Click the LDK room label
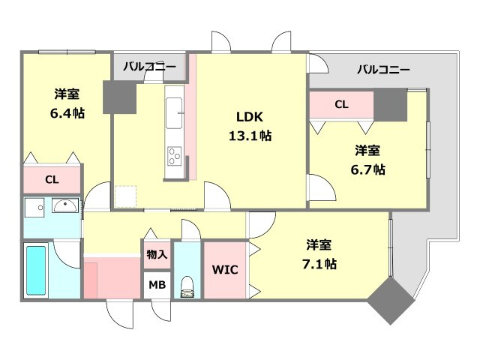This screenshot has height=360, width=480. coord(249,118)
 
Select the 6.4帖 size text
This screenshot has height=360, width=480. coord(67,112)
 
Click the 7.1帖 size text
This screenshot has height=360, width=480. coord(320,264)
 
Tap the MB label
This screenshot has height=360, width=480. coord(157,284)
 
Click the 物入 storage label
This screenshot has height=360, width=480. coord(157,255)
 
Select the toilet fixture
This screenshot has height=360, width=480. coord(187,287)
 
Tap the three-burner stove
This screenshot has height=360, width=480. coord(175,156)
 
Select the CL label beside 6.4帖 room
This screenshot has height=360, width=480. coord(51,180)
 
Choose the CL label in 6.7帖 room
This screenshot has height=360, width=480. coord(341,105)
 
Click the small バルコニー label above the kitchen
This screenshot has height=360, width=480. coord(149,67)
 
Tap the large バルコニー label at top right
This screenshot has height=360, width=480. coord(383,70)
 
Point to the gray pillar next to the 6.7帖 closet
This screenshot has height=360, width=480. coord(390,105)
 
